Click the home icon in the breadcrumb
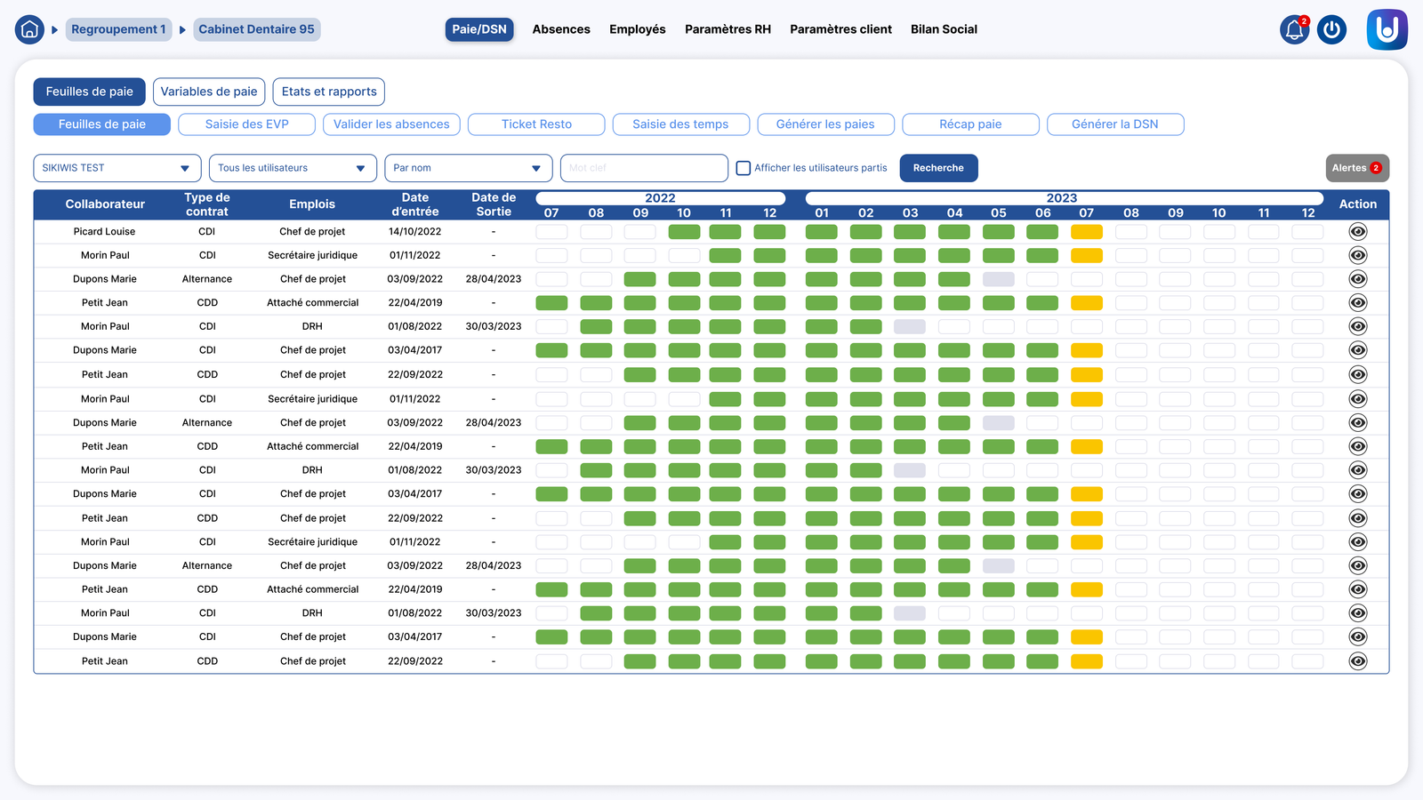click(29, 29)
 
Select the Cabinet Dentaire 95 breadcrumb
click(257, 29)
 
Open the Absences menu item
click(561, 29)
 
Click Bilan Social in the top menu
click(944, 29)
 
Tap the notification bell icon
click(1294, 30)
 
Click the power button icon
click(1331, 30)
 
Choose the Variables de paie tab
click(208, 92)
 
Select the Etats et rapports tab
click(328, 92)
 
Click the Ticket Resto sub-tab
click(536, 124)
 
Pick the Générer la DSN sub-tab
click(1115, 124)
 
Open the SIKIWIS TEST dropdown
click(117, 168)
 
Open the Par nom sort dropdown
click(468, 168)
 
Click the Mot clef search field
click(644, 168)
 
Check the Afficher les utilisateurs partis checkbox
click(744, 168)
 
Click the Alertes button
click(1357, 168)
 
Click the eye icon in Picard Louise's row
click(1357, 232)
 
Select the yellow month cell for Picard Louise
click(1086, 232)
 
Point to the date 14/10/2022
click(414, 232)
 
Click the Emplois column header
click(312, 204)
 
